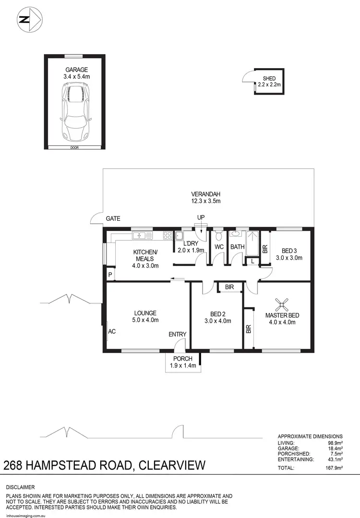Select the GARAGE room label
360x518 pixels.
[77, 70]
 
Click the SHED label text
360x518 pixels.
[269, 79]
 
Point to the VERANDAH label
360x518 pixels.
[204, 194]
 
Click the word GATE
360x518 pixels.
[113, 218]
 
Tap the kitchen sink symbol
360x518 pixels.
[140, 235]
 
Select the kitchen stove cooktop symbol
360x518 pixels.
[168, 235]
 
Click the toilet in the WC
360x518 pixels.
[219, 236]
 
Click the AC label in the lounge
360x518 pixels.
[112, 331]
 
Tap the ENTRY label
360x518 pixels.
[177, 335]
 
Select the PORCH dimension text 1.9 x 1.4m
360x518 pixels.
[181, 366]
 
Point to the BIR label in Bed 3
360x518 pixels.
[265, 249]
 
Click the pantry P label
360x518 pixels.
[110, 275]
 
